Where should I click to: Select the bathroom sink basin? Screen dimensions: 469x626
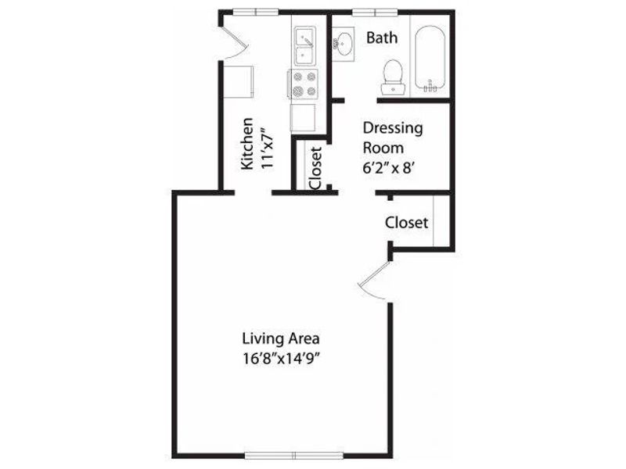(344, 42)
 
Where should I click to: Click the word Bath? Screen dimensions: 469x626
(382, 38)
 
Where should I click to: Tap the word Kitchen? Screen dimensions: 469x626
(247, 144)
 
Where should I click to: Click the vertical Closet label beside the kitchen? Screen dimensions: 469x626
(315, 168)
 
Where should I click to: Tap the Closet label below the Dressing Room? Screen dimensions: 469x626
(406, 223)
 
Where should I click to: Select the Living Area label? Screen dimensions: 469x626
(281, 339)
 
